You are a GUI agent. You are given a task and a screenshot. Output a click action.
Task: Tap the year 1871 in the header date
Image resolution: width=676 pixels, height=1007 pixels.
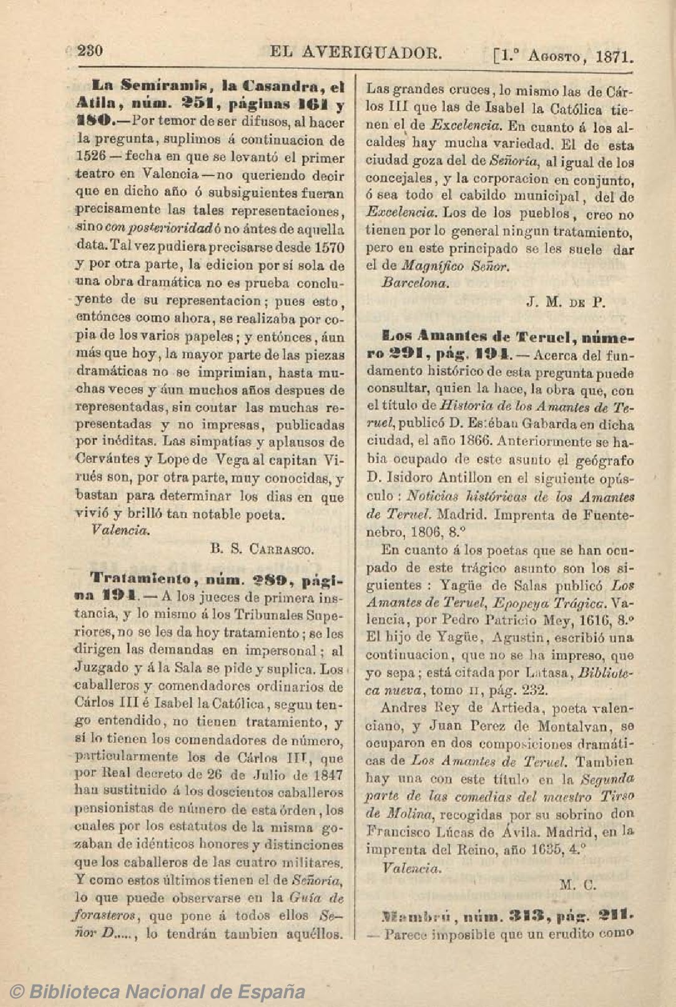click(615, 57)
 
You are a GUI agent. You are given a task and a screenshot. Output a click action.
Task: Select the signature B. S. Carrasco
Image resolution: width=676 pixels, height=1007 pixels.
click(262, 549)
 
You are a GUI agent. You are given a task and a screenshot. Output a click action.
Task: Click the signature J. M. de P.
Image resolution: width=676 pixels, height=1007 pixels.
click(566, 303)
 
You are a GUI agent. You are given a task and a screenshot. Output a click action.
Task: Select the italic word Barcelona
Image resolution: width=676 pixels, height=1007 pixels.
click(414, 283)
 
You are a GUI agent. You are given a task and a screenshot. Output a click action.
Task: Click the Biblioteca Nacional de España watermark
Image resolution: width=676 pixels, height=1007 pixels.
click(159, 991)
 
